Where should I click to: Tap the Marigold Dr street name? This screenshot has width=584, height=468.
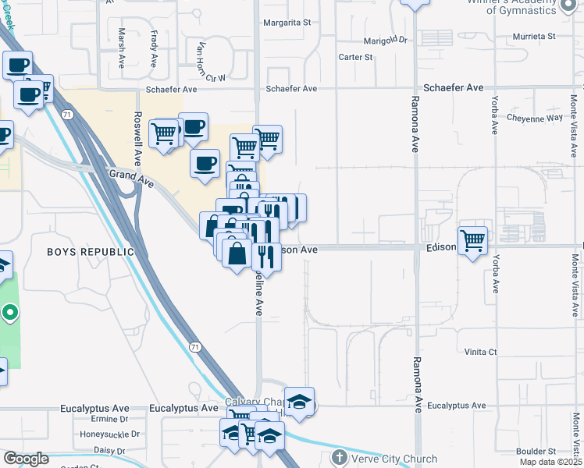(x=386, y=40)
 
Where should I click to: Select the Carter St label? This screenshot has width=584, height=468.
(x=355, y=57)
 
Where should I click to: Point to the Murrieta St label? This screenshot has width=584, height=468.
(x=533, y=36)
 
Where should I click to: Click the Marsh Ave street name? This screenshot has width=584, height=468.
(x=122, y=48)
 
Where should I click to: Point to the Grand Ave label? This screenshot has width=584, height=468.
(x=131, y=179)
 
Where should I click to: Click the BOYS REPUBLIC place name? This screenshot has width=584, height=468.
(x=91, y=252)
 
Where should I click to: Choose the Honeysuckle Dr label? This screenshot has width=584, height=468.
(x=110, y=434)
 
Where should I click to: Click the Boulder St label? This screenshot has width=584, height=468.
(x=536, y=451)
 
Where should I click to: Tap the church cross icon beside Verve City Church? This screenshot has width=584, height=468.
(x=339, y=457)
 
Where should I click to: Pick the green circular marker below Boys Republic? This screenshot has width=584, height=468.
(x=9, y=314)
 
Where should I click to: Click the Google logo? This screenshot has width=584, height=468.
(x=26, y=459)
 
